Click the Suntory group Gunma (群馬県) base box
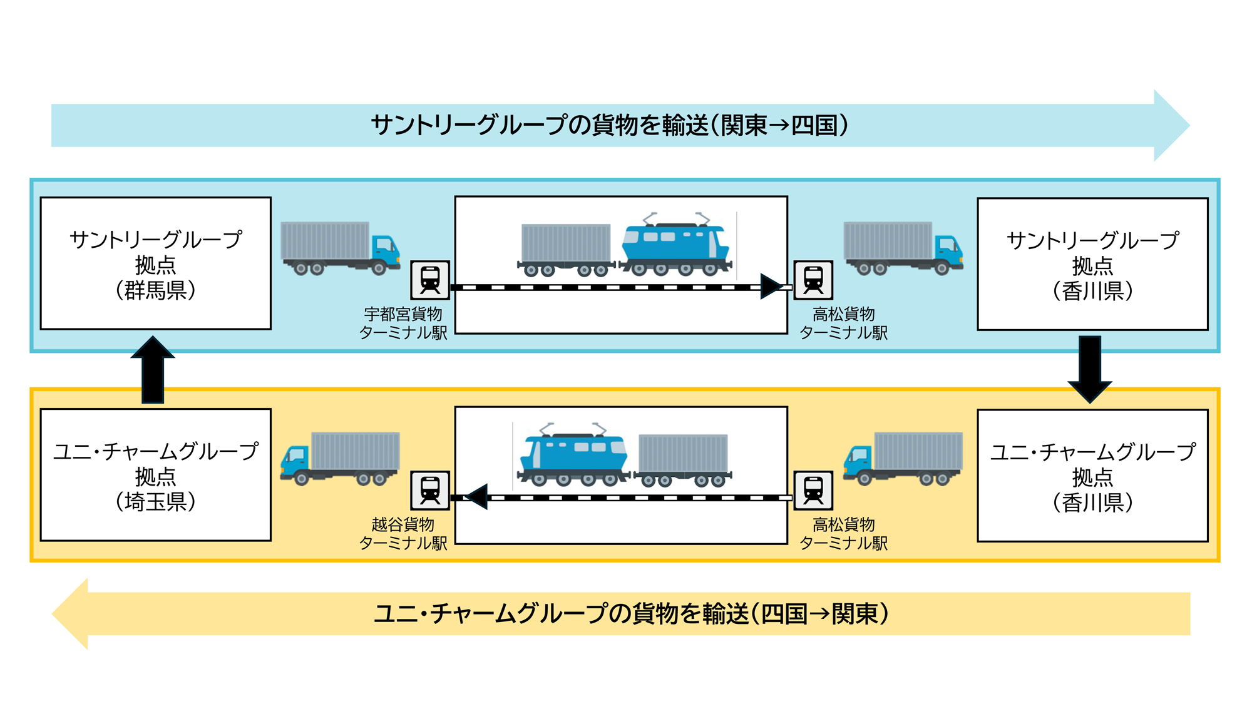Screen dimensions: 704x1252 click(x=155, y=263)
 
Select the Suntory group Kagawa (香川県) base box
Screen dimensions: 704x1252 click(x=1092, y=264)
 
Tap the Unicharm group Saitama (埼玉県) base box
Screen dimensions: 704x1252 click(x=155, y=475)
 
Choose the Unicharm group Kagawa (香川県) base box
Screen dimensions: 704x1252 click(x=1092, y=476)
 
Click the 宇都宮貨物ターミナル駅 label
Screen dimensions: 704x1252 click(x=403, y=323)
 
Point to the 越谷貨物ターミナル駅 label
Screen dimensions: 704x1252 click(x=403, y=534)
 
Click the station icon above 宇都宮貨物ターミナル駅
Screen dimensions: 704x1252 click(x=430, y=280)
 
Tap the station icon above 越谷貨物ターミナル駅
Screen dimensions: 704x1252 click(x=430, y=491)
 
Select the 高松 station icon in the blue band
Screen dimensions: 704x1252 click(x=813, y=280)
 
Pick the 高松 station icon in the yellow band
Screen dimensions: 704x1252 click(x=813, y=491)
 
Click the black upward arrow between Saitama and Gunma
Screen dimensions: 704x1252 click(x=153, y=369)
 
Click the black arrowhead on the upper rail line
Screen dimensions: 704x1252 click(x=771, y=287)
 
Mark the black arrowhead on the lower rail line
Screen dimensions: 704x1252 click(x=478, y=497)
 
